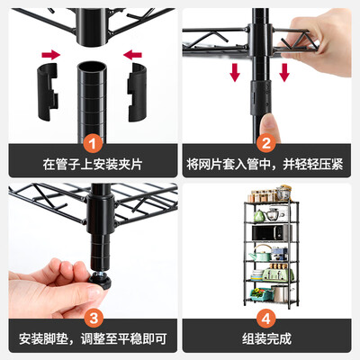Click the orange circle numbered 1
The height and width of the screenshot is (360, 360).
coord(93,143)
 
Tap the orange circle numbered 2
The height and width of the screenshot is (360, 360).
coord(266,143)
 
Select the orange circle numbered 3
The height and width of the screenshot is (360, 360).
coord(94,319)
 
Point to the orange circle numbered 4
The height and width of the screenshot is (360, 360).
coord(266,319)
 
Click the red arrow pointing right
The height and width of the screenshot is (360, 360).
coord(50,55)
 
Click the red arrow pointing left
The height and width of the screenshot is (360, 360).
coord(132,55)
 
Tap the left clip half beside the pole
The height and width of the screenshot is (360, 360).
coord(48,92)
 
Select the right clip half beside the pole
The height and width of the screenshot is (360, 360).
coord(138,93)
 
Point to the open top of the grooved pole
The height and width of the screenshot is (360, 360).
coord(92,66)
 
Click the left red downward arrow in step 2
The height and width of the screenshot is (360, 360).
coord(235,72)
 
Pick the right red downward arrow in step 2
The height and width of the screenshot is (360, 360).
coord(284,72)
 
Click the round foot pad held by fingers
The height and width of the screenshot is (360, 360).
coord(100,282)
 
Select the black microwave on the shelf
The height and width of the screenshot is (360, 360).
coord(271,233)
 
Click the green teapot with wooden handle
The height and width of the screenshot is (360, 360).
coord(260,253)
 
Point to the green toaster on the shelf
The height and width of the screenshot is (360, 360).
coord(278,274)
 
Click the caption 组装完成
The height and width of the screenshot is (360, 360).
coord(266,339)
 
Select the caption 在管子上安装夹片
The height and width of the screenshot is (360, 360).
coord(93,165)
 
